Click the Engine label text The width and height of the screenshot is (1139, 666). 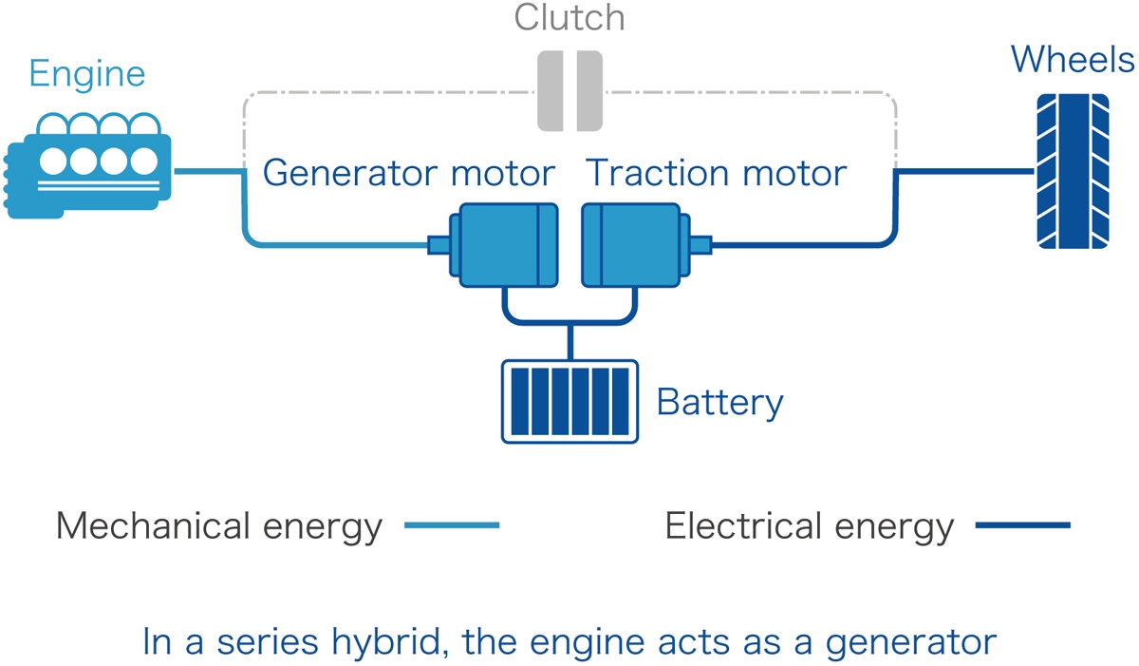tap(86, 73)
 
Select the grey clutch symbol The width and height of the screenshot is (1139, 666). tap(569, 91)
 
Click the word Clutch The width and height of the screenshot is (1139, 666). tap(569, 18)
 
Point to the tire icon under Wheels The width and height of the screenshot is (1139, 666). tap(1072, 171)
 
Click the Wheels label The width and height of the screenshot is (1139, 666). tap(1072, 61)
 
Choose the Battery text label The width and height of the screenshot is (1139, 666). tap(719, 402)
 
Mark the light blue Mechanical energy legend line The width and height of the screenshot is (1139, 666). tap(452, 525)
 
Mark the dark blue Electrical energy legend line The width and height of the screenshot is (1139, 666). tap(1022, 525)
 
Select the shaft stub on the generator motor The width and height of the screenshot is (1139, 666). tap(439, 245)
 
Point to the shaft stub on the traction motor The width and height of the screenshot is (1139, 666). tap(698, 245)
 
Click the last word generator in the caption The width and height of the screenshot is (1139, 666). tap(910, 642)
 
